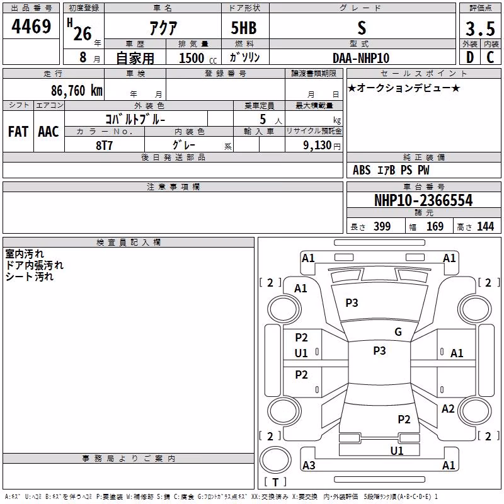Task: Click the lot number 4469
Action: pos(31,26)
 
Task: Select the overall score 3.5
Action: pos(480,28)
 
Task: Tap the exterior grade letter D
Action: pos(470,57)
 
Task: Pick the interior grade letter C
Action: pos(490,57)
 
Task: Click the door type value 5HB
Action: pos(244,28)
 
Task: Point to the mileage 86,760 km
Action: pos(77,91)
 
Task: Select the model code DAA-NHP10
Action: pos(361,58)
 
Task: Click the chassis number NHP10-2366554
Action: pos(423,200)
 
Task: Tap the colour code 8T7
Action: pos(104,146)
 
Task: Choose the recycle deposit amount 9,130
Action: pos(318,146)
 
